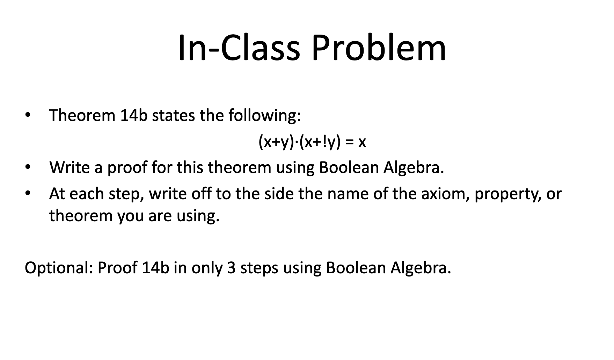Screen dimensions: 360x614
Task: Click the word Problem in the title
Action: click(379, 48)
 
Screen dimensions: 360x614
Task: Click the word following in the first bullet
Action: click(264, 115)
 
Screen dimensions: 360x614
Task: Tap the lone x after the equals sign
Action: click(362, 142)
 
